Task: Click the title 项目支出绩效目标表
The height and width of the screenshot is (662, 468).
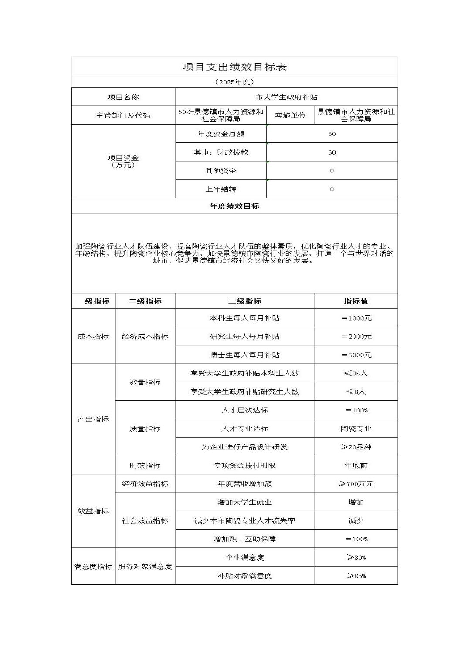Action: (x=234, y=67)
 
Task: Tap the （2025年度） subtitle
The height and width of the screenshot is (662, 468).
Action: (x=234, y=82)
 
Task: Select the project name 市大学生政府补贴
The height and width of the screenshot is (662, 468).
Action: (x=286, y=97)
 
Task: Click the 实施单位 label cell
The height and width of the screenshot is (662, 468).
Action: (x=290, y=115)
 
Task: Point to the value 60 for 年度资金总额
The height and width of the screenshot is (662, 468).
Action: (x=332, y=134)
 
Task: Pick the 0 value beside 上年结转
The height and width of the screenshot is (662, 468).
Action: (x=332, y=189)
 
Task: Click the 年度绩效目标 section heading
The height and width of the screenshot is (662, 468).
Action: (x=234, y=206)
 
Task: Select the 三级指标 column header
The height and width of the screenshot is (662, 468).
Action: (x=244, y=301)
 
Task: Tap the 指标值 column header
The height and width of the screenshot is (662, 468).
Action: (x=356, y=301)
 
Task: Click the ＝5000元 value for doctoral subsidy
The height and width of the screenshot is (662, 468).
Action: (x=356, y=355)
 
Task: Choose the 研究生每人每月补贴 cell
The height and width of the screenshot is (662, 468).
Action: (x=244, y=337)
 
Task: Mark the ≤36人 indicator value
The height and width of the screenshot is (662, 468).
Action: (x=356, y=373)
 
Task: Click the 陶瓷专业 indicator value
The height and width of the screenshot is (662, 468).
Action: (x=356, y=429)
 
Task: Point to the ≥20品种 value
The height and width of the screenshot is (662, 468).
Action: (x=356, y=447)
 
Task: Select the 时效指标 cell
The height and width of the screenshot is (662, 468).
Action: (x=145, y=466)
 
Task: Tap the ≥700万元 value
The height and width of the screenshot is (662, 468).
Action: (x=356, y=484)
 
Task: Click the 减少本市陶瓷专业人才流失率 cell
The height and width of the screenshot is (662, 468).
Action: (x=244, y=520)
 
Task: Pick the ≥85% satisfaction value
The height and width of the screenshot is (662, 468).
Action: (x=356, y=576)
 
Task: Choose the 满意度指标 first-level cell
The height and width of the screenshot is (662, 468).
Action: (x=93, y=567)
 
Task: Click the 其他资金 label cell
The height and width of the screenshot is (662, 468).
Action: (x=221, y=171)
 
